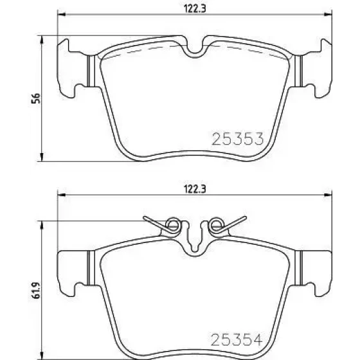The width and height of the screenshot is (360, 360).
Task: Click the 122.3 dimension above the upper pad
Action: pos(195,9)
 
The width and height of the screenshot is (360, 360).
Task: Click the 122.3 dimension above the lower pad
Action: pos(195,189)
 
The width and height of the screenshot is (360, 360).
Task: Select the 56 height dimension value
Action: pos(36,98)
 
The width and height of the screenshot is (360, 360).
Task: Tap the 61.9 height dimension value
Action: pos(36,291)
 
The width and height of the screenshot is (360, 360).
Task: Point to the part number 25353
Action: pos(238,139)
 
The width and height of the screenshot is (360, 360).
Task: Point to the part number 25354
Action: pos(237,340)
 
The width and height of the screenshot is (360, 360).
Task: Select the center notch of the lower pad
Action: pos(194,239)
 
